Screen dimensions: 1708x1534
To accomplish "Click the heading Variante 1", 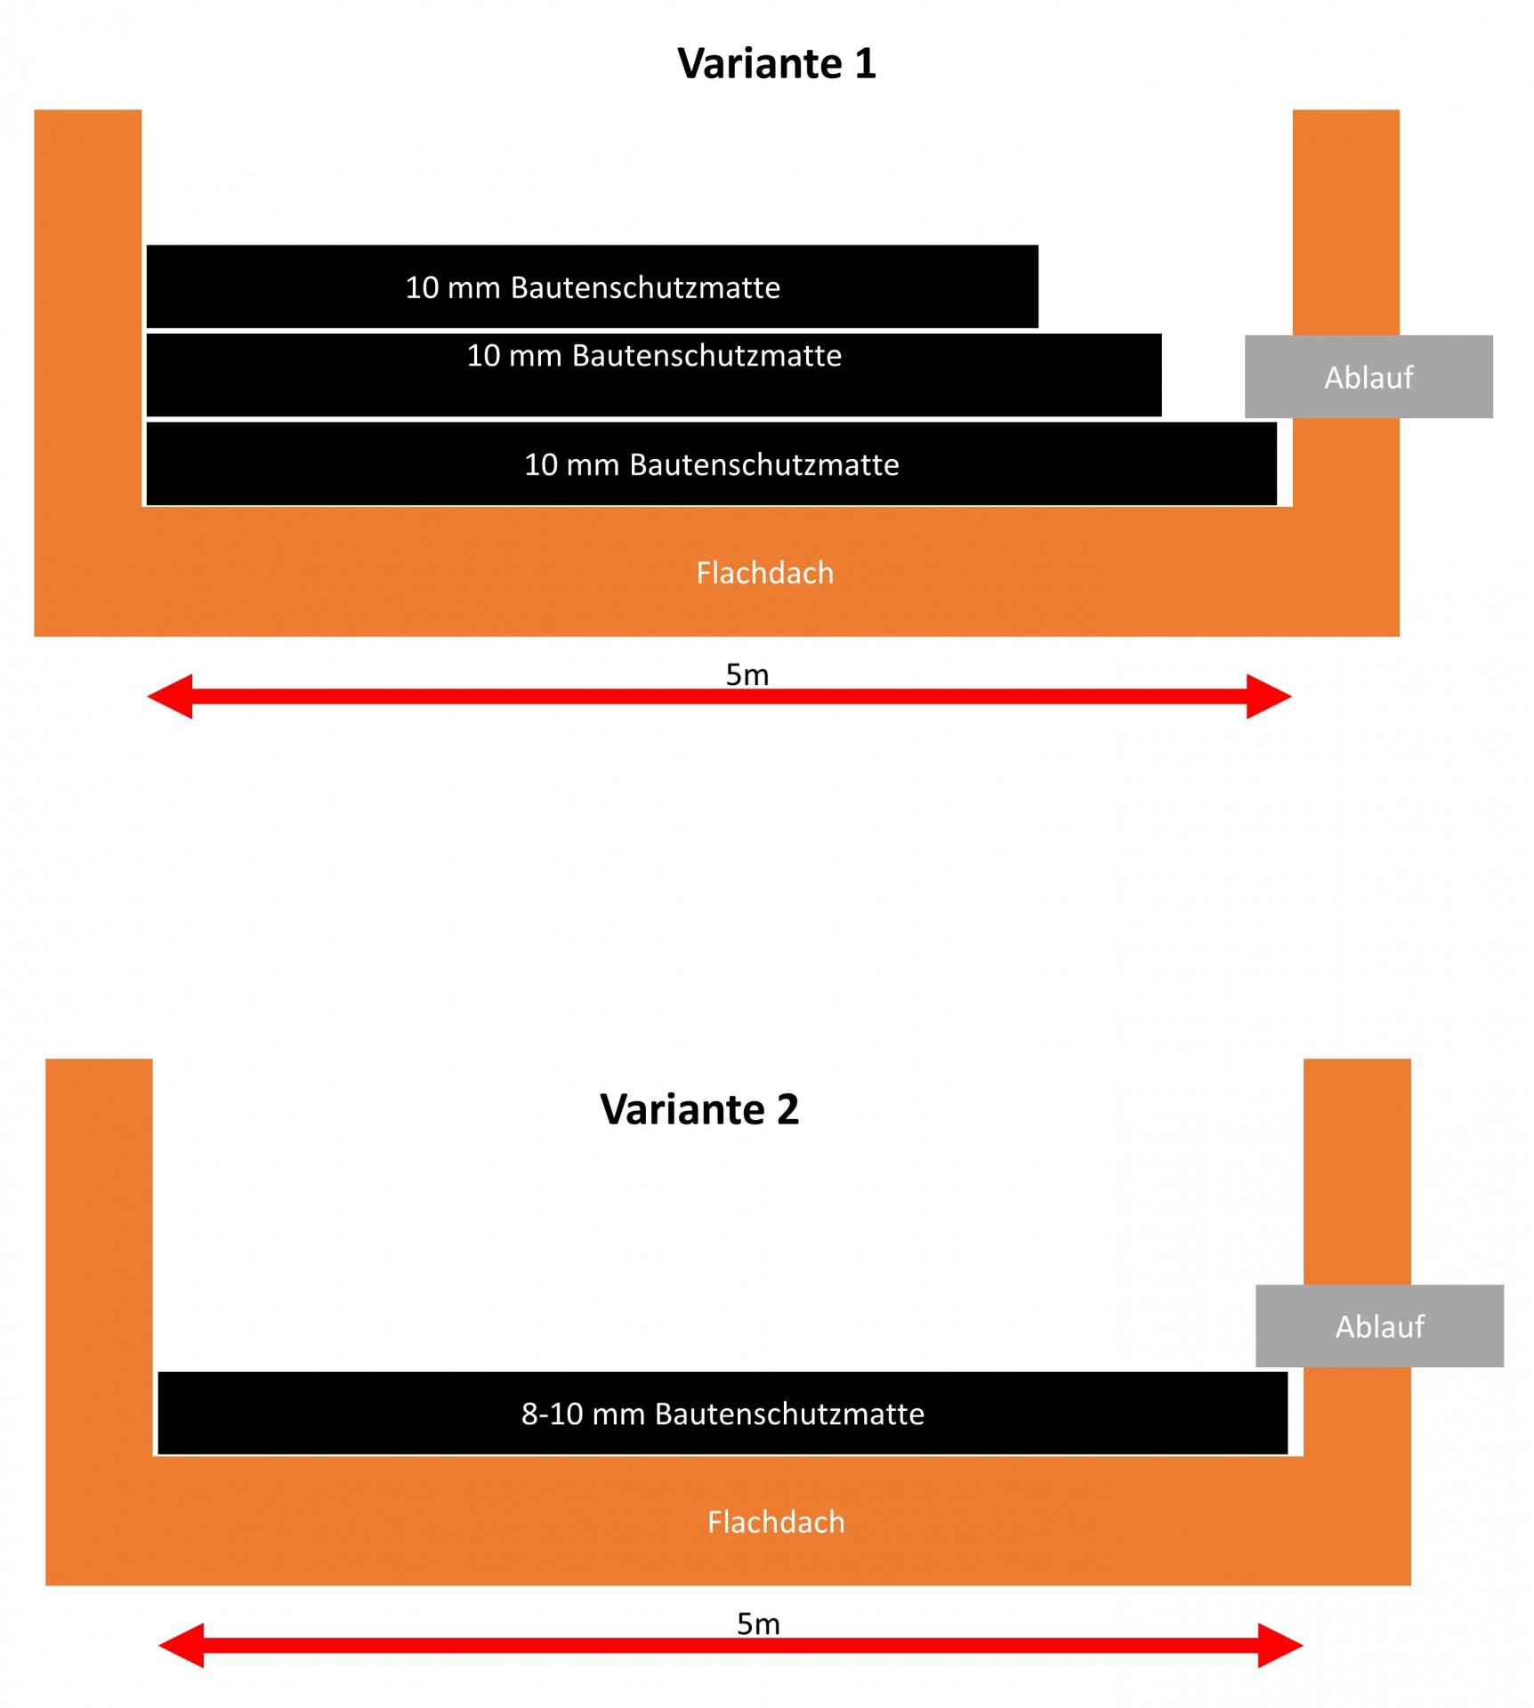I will [776, 64].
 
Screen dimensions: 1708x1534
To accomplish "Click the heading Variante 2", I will [699, 1109].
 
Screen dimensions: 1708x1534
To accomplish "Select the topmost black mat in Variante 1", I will [592, 286].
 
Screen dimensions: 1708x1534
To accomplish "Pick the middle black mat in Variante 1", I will [654, 375].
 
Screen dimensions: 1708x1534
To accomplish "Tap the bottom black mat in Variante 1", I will [711, 463].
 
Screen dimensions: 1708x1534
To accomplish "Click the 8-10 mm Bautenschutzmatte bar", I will [722, 1413].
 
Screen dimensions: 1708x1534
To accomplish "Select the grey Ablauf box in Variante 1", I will [1368, 377].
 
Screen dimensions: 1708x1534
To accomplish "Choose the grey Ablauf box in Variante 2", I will [1378, 1325].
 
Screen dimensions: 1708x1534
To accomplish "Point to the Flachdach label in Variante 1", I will [764, 573].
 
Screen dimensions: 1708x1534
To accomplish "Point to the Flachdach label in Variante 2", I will [775, 1521].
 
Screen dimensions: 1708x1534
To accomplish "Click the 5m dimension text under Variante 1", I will [747, 674].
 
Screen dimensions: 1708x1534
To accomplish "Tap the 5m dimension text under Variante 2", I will [758, 1623].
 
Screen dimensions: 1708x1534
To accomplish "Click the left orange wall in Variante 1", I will [87, 311].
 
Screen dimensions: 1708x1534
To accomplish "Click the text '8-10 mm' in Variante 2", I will [583, 1414].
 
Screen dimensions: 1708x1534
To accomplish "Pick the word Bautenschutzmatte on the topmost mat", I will [645, 287].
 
